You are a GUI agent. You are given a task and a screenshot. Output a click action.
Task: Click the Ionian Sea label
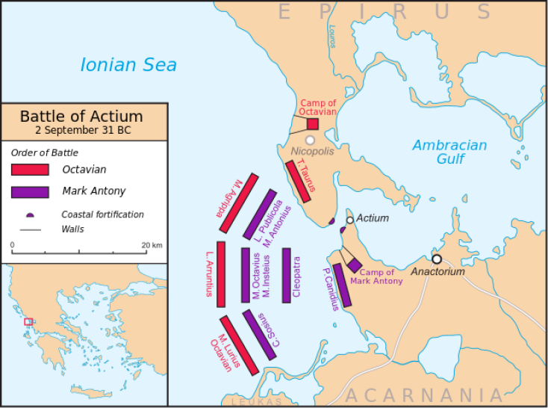pos(128,65)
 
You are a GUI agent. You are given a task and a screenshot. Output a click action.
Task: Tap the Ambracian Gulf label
pos(449,152)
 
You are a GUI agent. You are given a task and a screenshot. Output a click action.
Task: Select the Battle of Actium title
pos(81,116)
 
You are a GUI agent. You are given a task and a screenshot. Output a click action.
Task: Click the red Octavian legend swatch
pos(31,169)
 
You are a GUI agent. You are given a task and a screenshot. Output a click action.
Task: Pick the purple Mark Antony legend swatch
pos(31,191)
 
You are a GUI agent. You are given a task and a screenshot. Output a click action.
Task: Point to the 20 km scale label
pos(152,245)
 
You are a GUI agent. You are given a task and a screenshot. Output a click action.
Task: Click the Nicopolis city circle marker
pos(310,140)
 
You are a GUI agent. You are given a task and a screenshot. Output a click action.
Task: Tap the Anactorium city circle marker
pos(437,259)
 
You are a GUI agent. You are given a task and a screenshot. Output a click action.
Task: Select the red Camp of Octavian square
pos(313,124)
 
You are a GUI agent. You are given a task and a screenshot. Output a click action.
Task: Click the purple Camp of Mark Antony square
pos(354,266)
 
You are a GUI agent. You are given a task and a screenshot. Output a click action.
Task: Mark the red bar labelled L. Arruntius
pos(221,273)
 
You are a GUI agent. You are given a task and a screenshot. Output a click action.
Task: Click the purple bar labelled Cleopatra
pos(286,275)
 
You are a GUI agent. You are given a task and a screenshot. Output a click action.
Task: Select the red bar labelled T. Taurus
pos(299,181)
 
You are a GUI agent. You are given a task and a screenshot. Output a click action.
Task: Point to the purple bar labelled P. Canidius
pos(341,285)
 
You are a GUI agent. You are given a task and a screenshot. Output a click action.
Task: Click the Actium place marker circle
pos(349,220)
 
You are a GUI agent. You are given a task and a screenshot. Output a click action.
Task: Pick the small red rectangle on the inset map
pos(28,321)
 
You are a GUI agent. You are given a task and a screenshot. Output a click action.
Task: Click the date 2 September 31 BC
pos(81,129)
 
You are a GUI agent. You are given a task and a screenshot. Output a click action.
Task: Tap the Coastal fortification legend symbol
pos(31,214)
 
